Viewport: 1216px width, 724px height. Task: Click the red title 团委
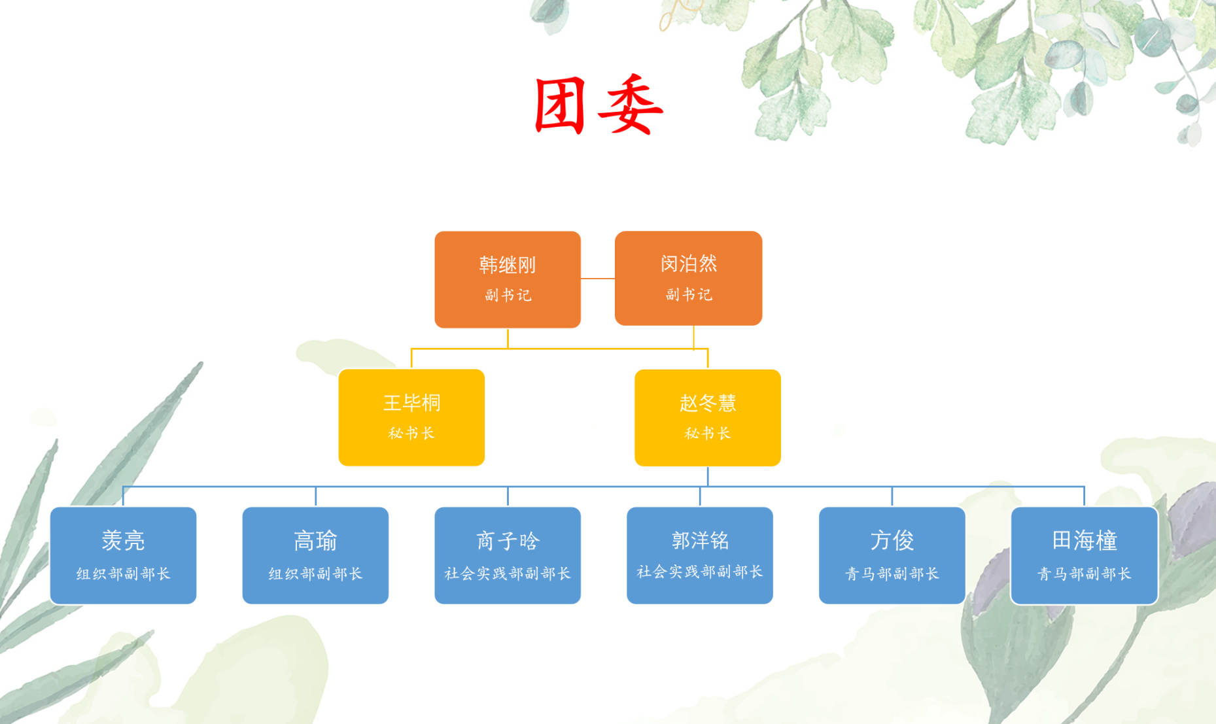(599, 105)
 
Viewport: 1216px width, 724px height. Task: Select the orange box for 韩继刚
(508, 279)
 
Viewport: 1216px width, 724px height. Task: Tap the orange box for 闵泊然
(688, 278)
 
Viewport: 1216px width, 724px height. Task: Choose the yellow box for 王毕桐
(411, 417)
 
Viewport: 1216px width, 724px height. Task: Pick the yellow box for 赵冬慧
(708, 417)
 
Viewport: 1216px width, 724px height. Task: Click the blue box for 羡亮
(123, 555)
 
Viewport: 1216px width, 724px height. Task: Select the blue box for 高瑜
(315, 555)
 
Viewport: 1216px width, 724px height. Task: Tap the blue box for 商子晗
(508, 555)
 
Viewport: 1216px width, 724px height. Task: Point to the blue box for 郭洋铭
(700, 555)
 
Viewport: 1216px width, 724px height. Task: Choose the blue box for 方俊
(892, 555)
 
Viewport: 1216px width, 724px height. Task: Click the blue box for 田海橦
(1085, 555)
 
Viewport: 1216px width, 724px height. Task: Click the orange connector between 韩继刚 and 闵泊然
(598, 279)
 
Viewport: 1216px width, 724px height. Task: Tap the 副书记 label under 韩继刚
(508, 296)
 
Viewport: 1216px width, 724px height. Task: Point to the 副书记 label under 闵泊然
(689, 295)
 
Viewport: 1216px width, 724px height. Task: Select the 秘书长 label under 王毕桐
(411, 434)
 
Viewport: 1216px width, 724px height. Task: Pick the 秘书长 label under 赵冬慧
(708, 434)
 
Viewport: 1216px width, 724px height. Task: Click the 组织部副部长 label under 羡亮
(123, 574)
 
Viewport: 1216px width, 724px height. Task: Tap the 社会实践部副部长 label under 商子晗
(508, 574)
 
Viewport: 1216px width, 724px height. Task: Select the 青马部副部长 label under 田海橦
(1085, 574)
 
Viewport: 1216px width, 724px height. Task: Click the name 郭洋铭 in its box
(700, 540)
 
